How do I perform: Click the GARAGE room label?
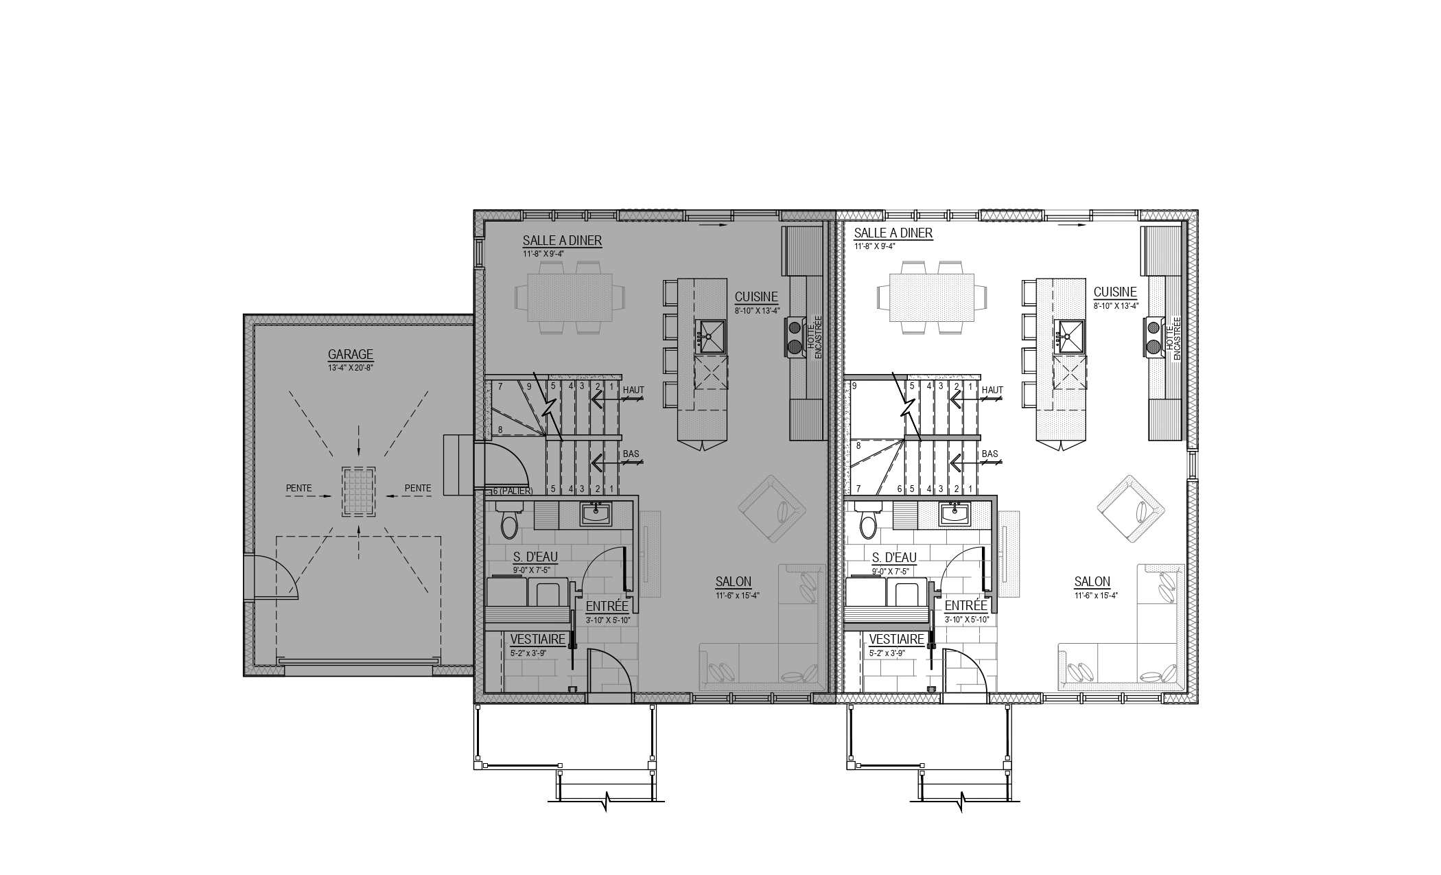click(350, 355)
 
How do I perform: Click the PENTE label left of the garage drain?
click(298, 489)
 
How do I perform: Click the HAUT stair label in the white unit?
click(992, 390)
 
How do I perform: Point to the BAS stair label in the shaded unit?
click(631, 454)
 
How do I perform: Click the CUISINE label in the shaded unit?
click(756, 297)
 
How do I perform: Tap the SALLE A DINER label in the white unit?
click(893, 233)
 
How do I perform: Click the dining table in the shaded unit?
click(570, 298)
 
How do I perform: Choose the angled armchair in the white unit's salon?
click(1130, 509)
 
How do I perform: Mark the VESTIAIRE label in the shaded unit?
click(538, 640)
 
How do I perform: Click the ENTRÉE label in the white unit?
click(966, 607)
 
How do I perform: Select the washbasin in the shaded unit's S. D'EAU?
click(596, 513)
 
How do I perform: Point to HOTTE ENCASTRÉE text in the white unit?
click(1173, 338)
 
